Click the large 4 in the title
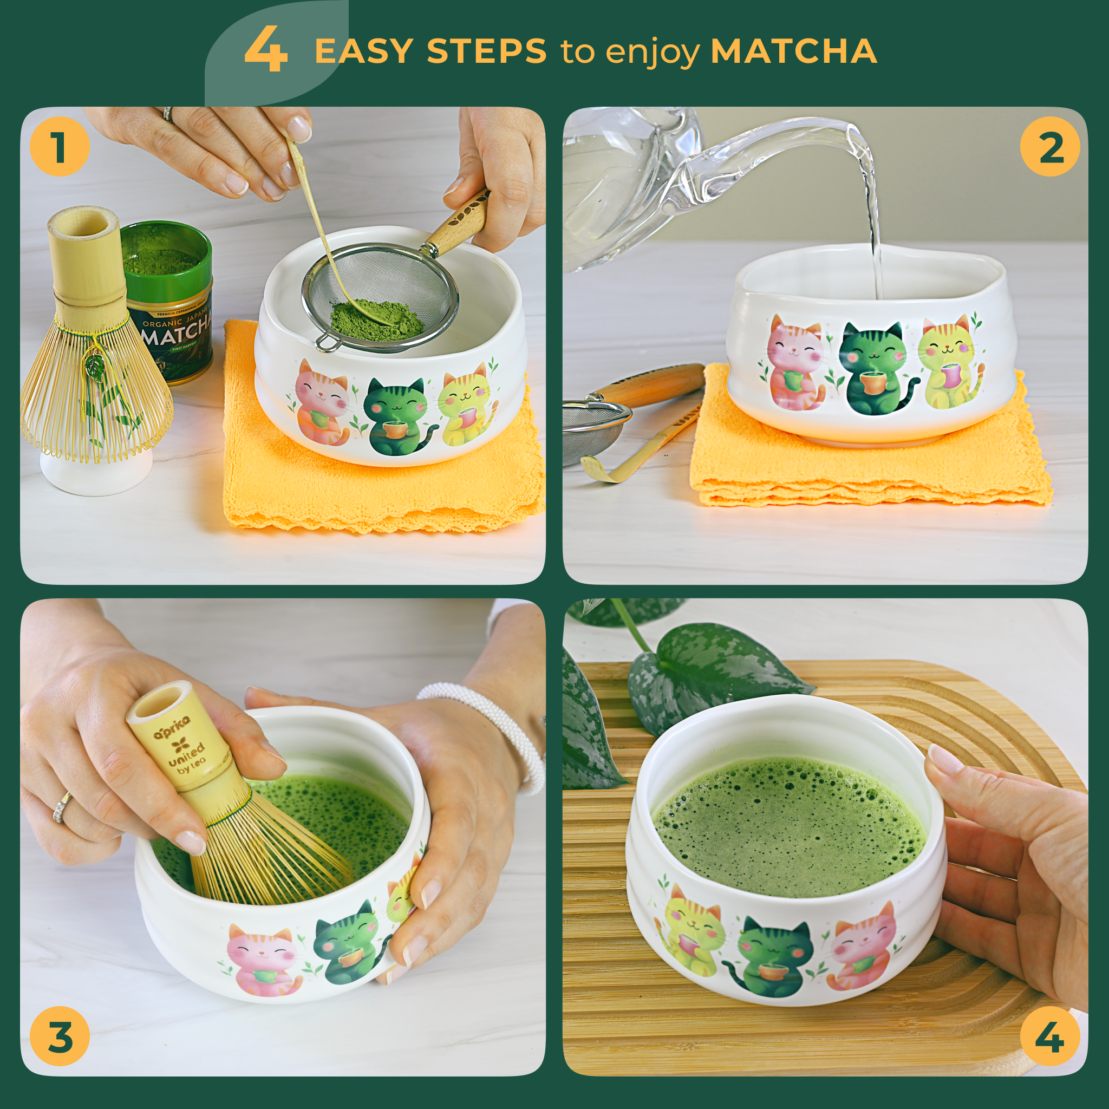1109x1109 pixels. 266,51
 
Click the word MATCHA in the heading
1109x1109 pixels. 793,51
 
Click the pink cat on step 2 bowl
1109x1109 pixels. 795,364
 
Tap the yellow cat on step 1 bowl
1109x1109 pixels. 466,405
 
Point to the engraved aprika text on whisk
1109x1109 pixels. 171,735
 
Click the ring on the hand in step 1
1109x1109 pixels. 168,114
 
